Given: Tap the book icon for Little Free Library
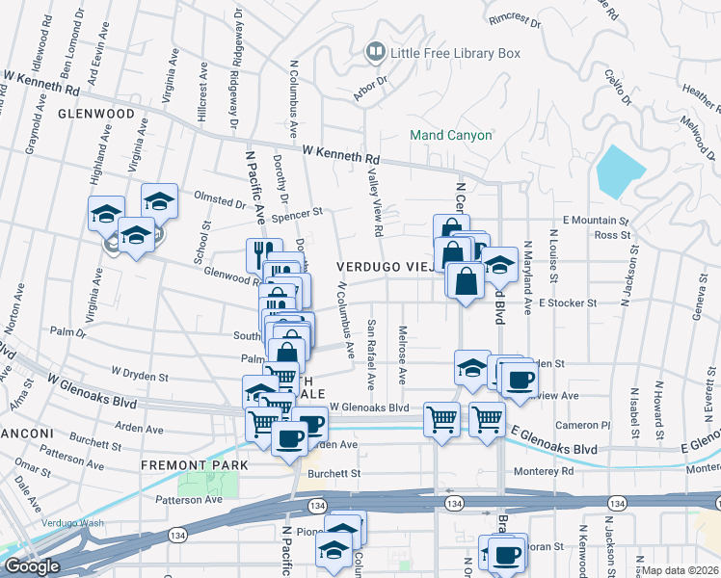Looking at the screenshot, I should point(374,50).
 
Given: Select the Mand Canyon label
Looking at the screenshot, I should point(451,135).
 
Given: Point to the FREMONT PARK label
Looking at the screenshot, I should point(194,465).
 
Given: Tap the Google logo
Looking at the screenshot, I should point(32,566).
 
